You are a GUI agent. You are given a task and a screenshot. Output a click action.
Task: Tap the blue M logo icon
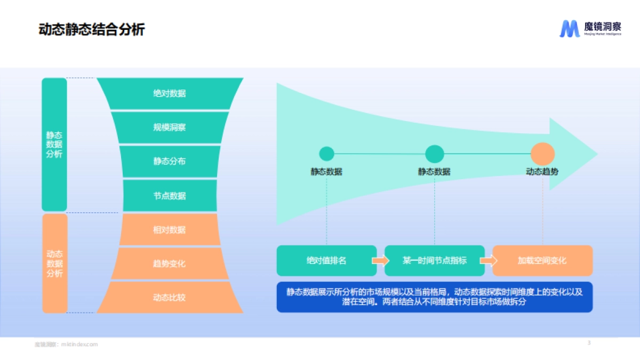[x=569, y=29]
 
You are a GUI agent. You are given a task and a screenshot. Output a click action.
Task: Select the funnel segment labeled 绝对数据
[x=170, y=94]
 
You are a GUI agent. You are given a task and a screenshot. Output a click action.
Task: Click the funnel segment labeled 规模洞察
[x=170, y=127]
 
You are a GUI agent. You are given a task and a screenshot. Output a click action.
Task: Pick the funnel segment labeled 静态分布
[x=170, y=161]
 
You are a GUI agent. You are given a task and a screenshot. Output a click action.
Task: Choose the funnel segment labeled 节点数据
[x=170, y=196]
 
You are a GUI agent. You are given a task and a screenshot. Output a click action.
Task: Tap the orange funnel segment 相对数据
[x=170, y=230]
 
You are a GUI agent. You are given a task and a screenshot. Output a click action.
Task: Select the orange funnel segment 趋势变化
[x=170, y=263]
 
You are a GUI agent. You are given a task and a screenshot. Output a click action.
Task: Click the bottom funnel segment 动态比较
[x=170, y=297]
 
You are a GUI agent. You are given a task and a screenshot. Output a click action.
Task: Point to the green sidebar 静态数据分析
[x=54, y=145]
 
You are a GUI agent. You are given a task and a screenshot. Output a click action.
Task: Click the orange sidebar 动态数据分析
[x=54, y=263]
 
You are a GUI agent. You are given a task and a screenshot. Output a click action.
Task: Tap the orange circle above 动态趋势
[x=542, y=154]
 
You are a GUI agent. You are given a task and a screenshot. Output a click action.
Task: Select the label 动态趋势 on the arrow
[x=542, y=172]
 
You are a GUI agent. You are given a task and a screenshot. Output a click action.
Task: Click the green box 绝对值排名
[x=326, y=261]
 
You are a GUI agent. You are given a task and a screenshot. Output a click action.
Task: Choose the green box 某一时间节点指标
[x=434, y=261]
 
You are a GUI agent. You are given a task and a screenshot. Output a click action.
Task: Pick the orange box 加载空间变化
[x=542, y=261]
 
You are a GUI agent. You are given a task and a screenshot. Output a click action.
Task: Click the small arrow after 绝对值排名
[x=381, y=261]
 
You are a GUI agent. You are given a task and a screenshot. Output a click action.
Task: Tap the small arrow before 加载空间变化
[x=489, y=261]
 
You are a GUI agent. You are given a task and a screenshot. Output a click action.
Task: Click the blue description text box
[x=434, y=297]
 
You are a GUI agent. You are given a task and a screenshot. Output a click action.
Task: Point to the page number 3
[x=589, y=342]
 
